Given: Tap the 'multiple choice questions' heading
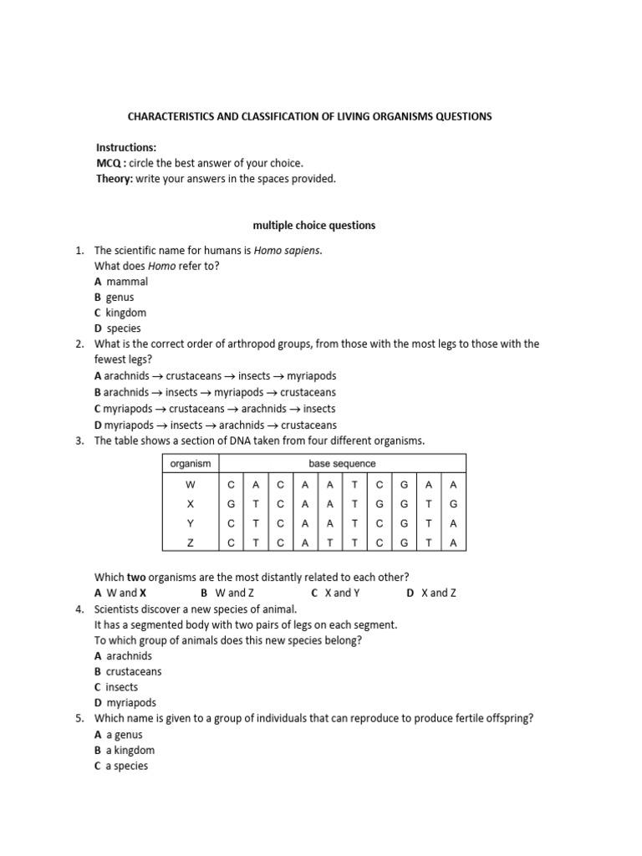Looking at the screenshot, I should point(314,225).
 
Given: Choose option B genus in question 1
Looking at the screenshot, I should point(115,297).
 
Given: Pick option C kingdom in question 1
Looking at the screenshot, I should point(120,313).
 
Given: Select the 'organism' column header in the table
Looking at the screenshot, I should point(191,463).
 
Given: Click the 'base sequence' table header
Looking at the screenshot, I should point(343,463).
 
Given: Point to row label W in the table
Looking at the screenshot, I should point(191,485).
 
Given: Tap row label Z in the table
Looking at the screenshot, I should point(191,543).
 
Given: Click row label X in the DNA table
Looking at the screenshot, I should point(191,504).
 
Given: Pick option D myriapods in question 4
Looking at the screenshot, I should point(125,703).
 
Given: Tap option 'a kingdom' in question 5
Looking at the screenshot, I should point(125,750).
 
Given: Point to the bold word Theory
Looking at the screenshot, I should point(112,179).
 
